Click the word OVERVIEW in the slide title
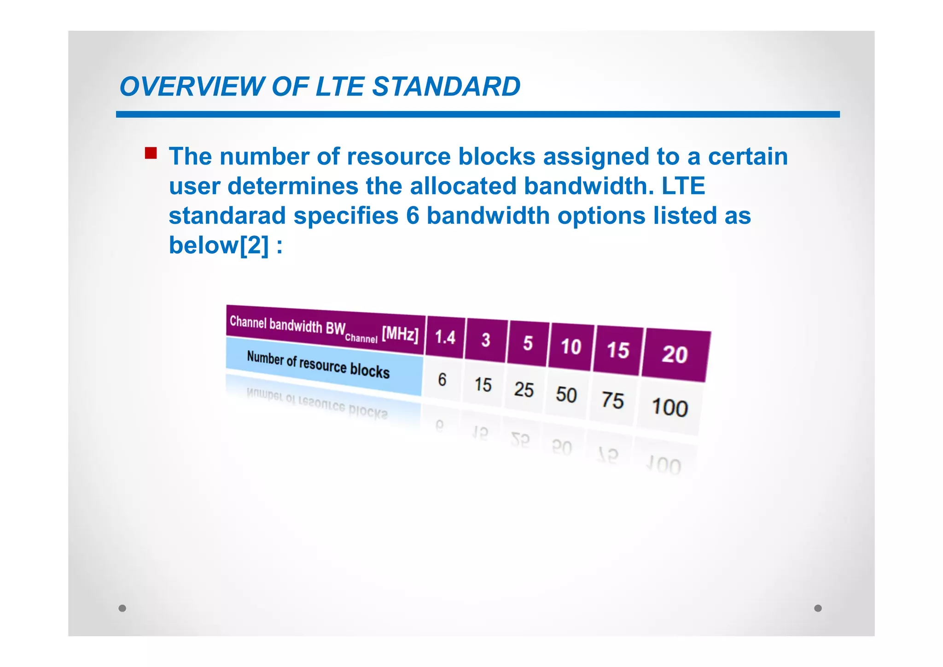pos(192,87)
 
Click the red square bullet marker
pos(151,153)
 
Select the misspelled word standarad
pos(227,216)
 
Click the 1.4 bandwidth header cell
pos(445,337)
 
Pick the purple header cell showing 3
pos(486,340)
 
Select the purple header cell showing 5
pos(528,344)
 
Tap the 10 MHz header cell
pos(571,347)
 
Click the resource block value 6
pos(442,380)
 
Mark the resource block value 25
pos(524,390)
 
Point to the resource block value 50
pos(566,395)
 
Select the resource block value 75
pos(612,400)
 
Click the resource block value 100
pos(669,408)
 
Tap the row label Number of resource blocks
pos(318,364)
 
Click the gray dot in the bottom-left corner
pos(122,608)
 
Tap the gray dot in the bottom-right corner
pos(818,608)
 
